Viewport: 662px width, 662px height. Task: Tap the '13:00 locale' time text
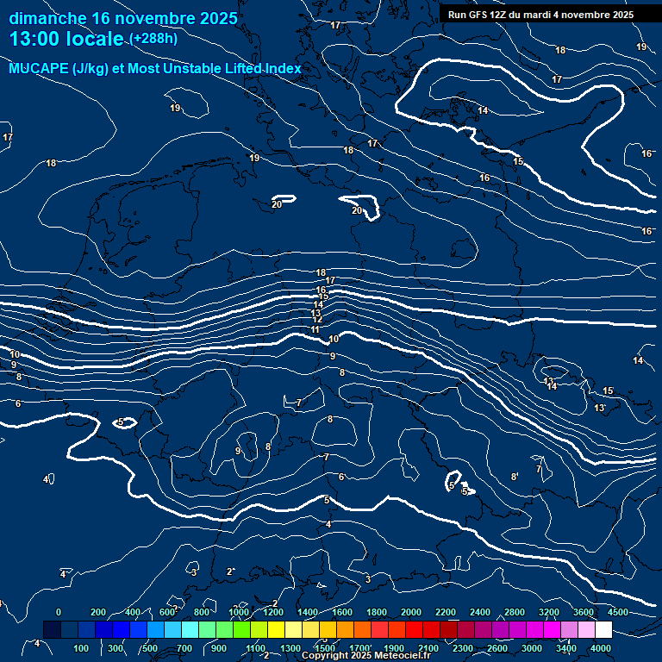[68, 39]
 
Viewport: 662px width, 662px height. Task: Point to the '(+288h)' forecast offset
[154, 39]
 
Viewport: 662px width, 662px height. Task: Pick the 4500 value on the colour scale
[618, 612]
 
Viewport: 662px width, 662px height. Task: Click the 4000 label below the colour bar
[602, 648]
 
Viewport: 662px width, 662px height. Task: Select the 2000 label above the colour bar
[411, 612]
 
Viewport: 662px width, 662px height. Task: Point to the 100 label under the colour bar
[82, 648]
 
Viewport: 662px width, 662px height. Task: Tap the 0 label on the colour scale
[59, 612]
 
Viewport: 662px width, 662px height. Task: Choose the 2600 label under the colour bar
[497, 648]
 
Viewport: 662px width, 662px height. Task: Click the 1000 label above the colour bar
[239, 612]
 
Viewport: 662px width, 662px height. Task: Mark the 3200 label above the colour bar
[549, 612]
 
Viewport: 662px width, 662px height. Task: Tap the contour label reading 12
[317, 320]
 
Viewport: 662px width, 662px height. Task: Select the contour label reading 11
[315, 330]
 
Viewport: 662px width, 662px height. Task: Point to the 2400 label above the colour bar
[480, 612]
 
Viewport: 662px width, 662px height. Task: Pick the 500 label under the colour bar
[150, 648]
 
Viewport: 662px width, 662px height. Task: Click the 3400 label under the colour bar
[566, 648]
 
